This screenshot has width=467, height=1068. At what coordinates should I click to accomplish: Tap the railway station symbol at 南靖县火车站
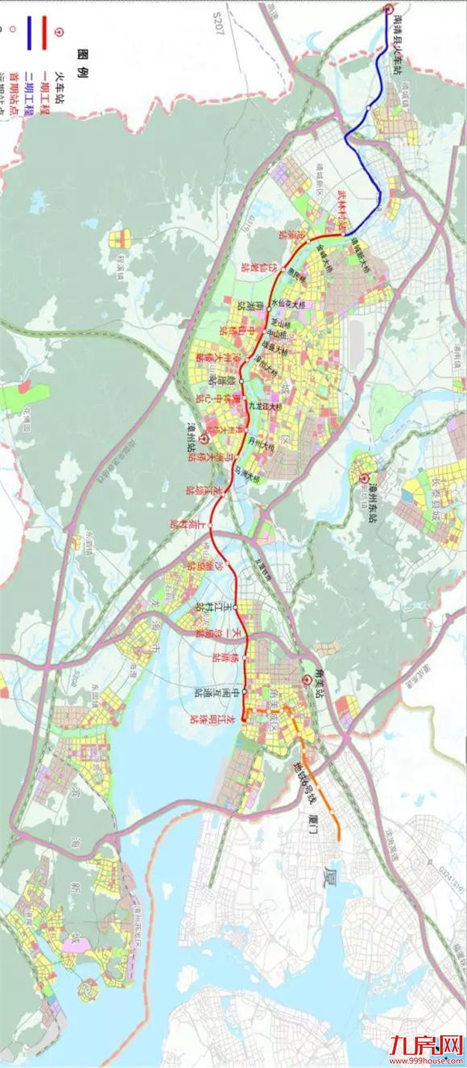[x=389, y=9]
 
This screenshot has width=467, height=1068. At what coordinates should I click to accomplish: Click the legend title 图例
[x=83, y=58]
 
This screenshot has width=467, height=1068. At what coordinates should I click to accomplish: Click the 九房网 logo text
[x=426, y=1047]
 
